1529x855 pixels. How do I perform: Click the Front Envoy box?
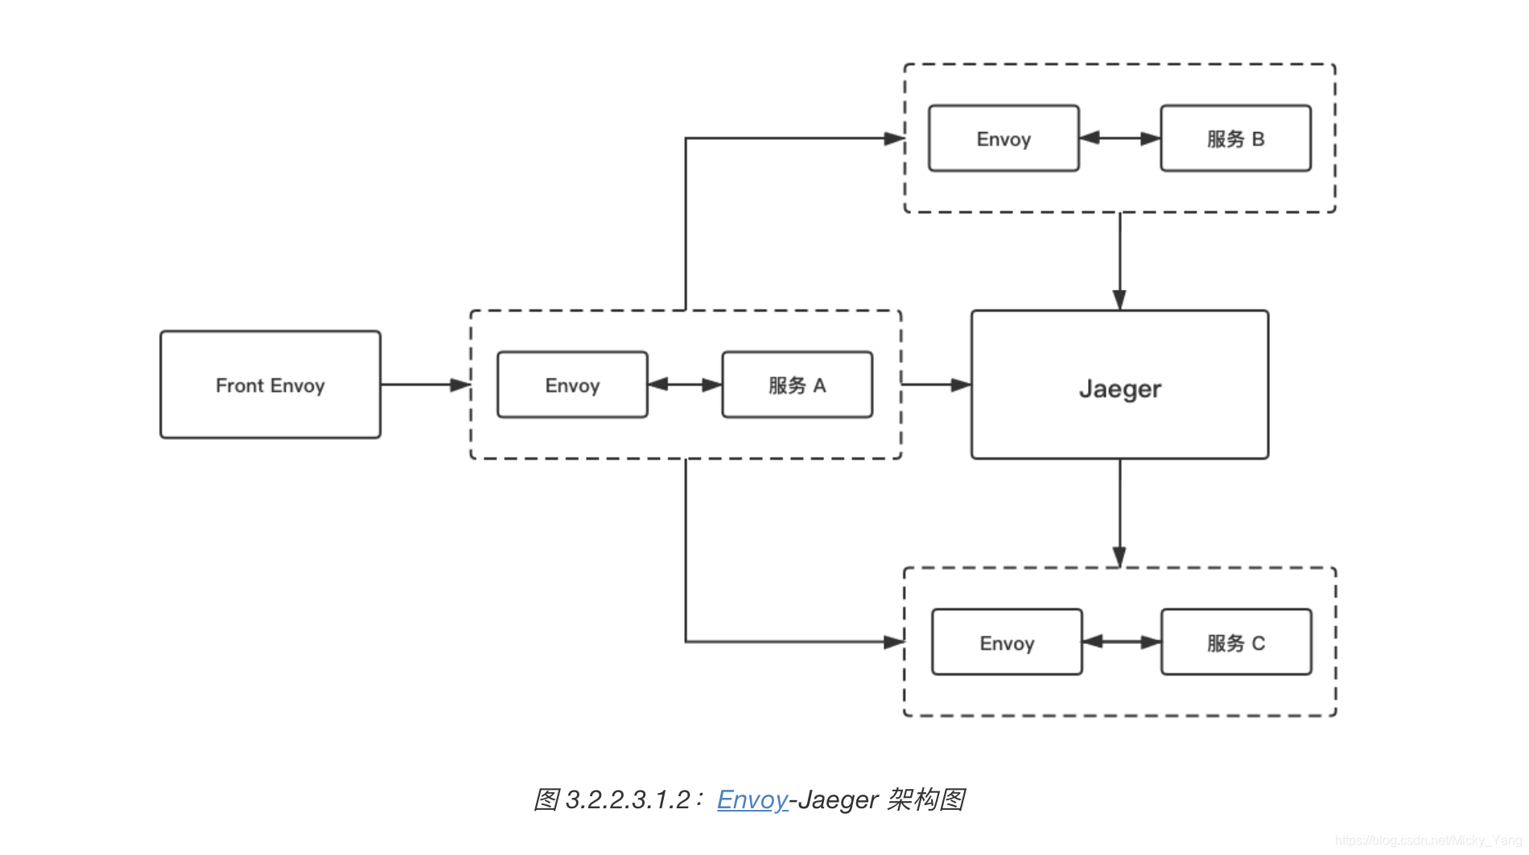(270, 385)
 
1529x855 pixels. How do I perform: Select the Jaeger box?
(1119, 385)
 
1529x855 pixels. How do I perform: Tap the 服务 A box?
(797, 385)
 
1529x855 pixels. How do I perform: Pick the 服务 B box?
(1235, 138)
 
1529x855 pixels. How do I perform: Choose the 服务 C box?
(1236, 642)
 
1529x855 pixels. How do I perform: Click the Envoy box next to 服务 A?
(572, 385)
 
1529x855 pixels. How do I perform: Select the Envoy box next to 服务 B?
(1004, 138)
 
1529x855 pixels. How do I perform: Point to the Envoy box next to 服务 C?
(1007, 642)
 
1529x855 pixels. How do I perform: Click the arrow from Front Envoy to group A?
(425, 385)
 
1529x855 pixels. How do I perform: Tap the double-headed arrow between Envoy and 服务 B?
(1119, 138)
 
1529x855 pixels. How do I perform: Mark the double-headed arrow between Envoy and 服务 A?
(685, 385)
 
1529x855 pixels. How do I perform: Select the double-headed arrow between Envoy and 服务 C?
(1122, 642)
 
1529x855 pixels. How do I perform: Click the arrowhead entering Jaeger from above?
(1119, 300)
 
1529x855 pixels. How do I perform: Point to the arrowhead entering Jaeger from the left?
(961, 385)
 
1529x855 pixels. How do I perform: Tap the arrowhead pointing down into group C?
(1119, 556)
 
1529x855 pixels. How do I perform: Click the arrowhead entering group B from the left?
(894, 138)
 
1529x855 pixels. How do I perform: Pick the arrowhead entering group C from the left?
(894, 642)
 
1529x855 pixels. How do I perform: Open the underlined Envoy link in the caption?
(752, 799)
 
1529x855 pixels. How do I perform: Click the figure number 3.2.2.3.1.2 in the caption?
(628, 799)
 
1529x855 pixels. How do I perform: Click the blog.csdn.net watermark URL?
(1428, 841)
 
